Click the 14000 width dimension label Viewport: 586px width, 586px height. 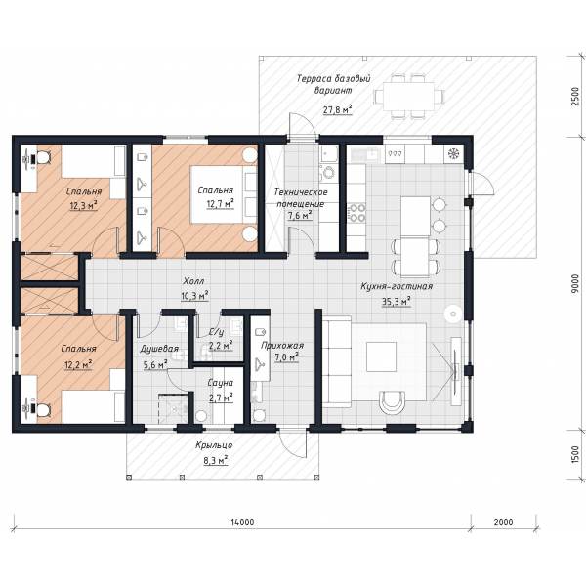[242, 522]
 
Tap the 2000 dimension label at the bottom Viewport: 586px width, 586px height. [503, 522]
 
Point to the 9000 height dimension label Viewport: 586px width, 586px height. [576, 283]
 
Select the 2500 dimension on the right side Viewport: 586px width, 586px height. [576, 97]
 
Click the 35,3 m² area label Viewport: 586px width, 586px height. [397, 301]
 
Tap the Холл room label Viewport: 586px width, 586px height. [193, 280]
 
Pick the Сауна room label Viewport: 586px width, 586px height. [221, 383]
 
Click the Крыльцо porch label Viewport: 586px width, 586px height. [214, 445]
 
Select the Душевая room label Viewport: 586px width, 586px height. [159, 349]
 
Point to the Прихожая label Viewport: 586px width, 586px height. [282, 345]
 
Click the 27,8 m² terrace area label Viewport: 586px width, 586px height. [338, 109]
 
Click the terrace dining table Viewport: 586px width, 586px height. [408, 97]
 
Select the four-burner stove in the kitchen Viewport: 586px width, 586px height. [356, 212]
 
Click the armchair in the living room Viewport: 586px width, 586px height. [392, 401]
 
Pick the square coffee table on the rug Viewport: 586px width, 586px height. [381, 356]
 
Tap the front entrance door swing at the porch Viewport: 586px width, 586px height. [293, 441]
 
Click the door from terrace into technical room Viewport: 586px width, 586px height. [303, 126]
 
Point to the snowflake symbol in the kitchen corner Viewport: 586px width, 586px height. [453, 153]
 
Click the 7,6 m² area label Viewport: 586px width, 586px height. [300, 216]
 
